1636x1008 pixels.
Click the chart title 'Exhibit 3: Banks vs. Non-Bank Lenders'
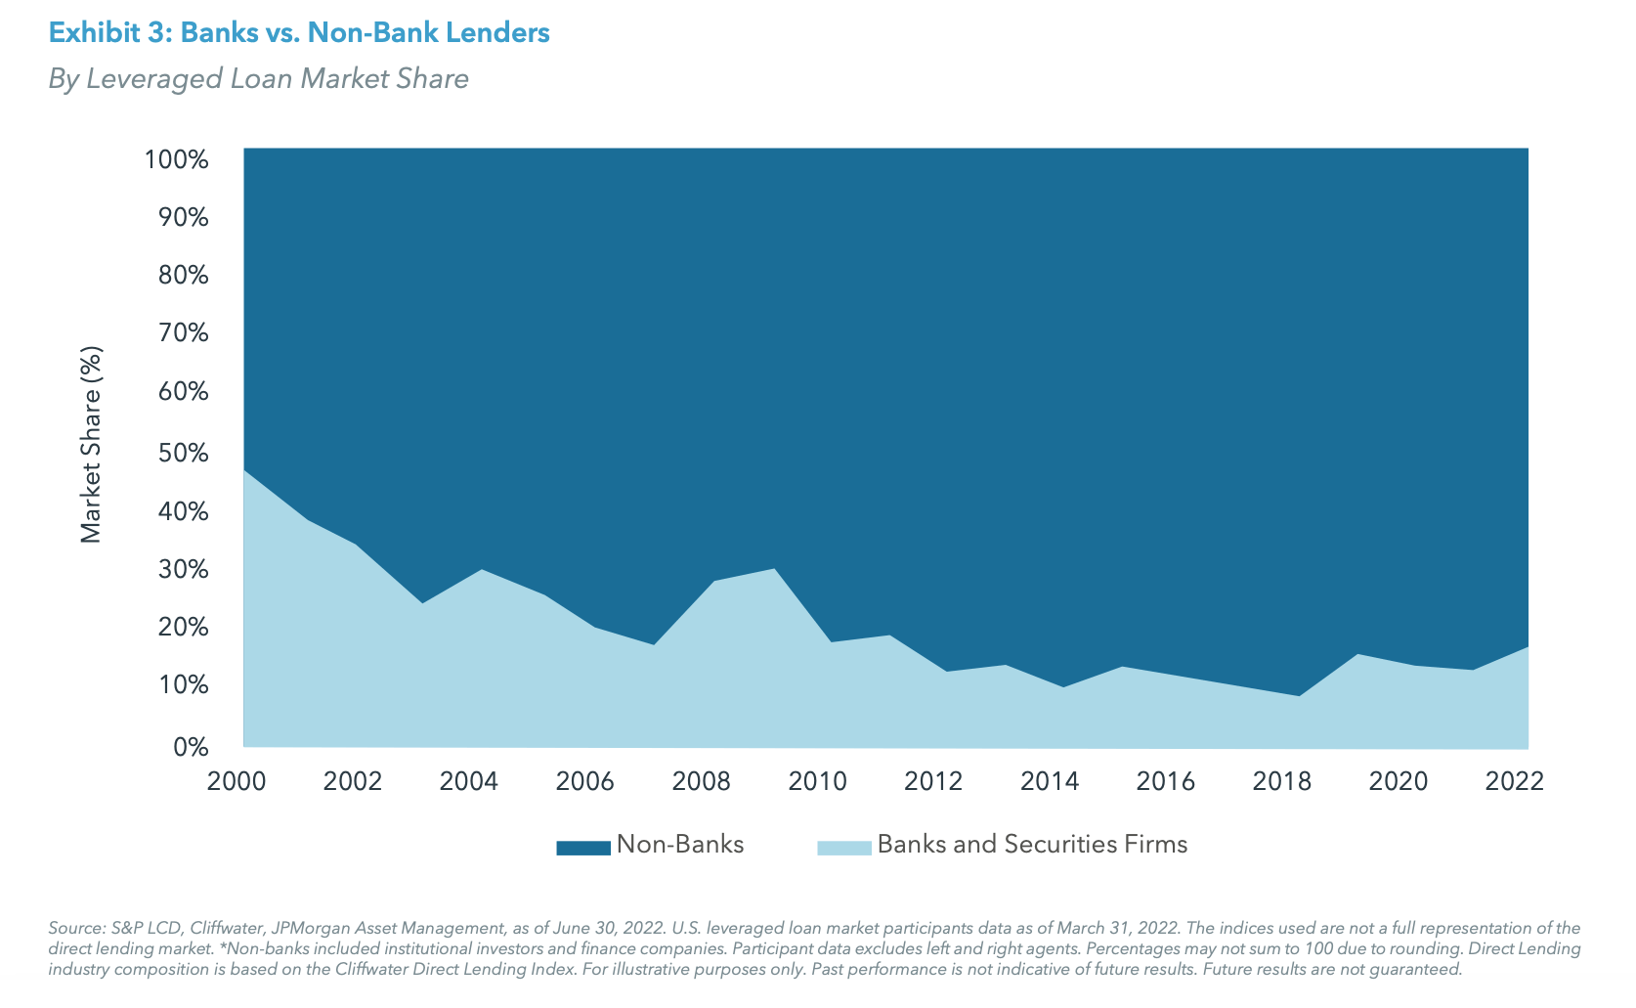pos(299,33)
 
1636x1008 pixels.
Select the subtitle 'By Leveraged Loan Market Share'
pos(258,79)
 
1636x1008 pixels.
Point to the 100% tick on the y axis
pos(177,159)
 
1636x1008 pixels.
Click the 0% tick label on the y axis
pos(191,748)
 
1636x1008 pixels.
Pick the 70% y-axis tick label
pos(183,333)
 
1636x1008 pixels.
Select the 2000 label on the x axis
pos(237,782)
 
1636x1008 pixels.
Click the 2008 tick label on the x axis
pos(702,782)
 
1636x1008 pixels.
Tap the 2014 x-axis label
pos(1050,782)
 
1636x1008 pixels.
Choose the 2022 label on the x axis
pos(1514,782)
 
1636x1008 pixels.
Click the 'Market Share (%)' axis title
pos(91,445)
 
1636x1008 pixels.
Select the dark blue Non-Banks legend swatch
pos(582,848)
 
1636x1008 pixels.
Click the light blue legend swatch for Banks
pos(843,848)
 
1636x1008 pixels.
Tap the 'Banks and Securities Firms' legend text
pos(1032,845)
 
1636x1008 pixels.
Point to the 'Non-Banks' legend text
pos(680,845)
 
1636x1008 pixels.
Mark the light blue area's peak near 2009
pos(774,569)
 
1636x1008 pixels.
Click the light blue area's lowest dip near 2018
pos(1298,696)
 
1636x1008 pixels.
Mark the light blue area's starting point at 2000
pos(244,471)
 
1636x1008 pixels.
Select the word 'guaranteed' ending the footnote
pos(1417,970)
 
